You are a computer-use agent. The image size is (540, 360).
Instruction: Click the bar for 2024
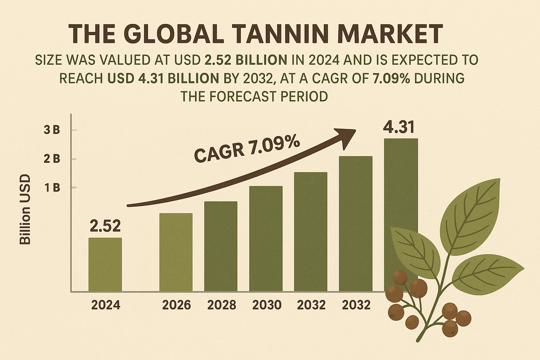click(x=105, y=264)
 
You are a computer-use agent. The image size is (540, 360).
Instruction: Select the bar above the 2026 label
click(x=176, y=252)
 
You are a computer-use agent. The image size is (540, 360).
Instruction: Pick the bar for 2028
click(x=221, y=246)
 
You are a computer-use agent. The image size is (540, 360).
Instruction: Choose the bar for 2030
click(x=266, y=238)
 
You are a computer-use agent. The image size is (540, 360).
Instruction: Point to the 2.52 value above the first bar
click(x=105, y=226)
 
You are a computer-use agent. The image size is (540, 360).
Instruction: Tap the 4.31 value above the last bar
click(x=399, y=127)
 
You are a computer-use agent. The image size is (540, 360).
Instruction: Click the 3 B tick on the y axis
click(x=52, y=130)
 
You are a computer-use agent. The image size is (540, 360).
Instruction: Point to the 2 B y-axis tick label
click(x=52, y=159)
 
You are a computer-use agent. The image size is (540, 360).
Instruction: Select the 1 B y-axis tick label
click(x=52, y=188)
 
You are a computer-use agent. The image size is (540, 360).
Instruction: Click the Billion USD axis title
click(x=25, y=210)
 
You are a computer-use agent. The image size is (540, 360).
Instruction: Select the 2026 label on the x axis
click(x=176, y=305)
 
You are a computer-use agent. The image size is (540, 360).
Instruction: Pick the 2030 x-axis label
click(x=266, y=305)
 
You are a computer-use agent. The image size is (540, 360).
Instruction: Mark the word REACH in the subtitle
click(x=81, y=78)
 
